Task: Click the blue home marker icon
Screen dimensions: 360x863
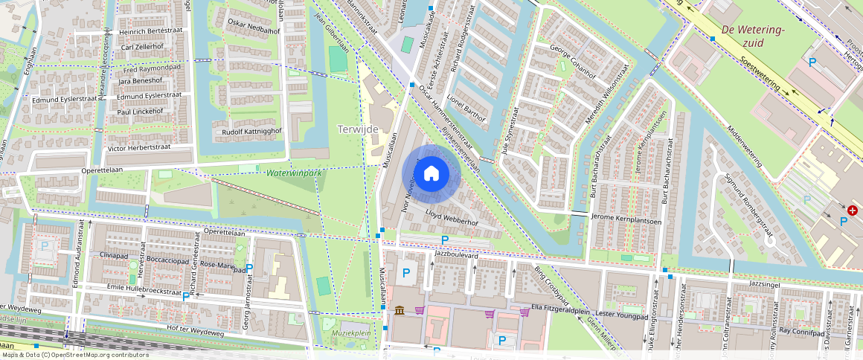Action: point(431,174)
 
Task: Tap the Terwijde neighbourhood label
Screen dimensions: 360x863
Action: point(358,129)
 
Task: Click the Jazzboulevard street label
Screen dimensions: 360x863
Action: point(457,254)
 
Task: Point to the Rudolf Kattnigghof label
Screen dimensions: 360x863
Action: point(247,132)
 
